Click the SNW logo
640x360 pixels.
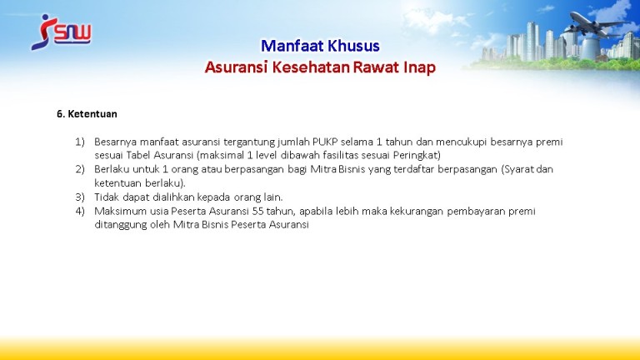pos(61,32)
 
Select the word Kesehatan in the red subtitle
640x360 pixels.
pos(311,67)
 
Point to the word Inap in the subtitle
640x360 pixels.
pos(420,67)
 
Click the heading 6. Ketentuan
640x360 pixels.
pos(87,114)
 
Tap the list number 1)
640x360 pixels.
pos(80,142)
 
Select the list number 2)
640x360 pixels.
pos(80,169)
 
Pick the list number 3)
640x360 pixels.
pos(80,197)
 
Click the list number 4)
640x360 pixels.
pos(80,211)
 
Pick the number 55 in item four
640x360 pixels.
pos(258,211)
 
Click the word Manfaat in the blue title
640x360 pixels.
pos(287,46)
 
